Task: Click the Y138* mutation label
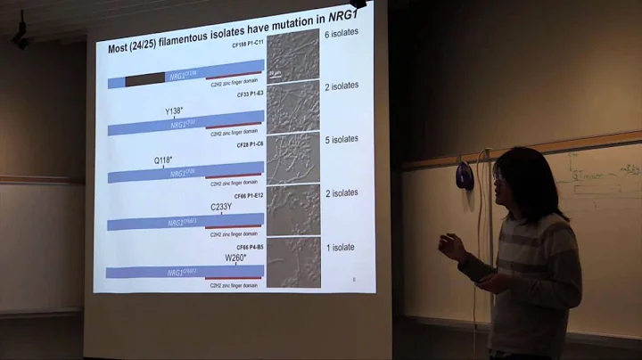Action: (x=174, y=111)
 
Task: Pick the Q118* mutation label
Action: (x=163, y=160)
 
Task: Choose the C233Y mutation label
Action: (x=222, y=207)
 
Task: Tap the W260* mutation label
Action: (x=235, y=258)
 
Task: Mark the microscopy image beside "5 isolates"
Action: (x=292, y=157)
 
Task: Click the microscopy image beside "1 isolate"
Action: (x=292, y=262)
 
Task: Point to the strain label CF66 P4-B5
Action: (x=249, y=247)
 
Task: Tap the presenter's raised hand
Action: (x=452, y=246)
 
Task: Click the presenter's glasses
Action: (x=497, y=177)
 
